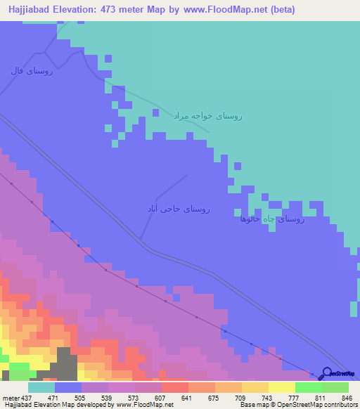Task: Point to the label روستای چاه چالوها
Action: pos(271,219)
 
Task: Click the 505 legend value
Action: pos(81,397)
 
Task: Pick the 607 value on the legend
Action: pos(161,397)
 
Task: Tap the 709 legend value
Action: pos(241,397)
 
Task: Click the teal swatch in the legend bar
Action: pos(41,387)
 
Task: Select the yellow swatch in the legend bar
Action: pos(282,387)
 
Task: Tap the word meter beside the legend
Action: pos(12,397)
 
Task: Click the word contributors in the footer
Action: pos(338,405)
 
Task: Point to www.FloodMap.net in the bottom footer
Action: pos(144,405)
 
